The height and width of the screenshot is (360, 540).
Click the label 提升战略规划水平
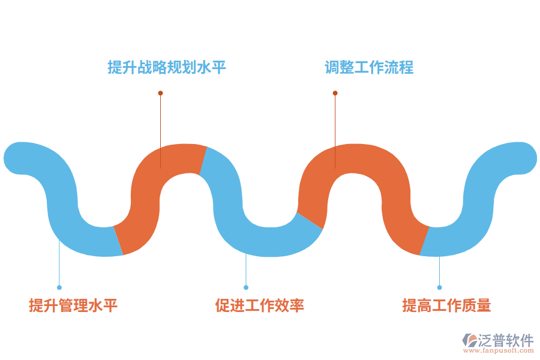click(x=167, y=67)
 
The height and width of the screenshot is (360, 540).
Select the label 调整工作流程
click(x=369, y=67)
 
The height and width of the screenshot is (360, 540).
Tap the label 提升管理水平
click(x=73, y=305)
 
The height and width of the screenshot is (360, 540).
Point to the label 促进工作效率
click(x=260, y=305)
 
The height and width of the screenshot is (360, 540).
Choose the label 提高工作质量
click(x=446, y=305)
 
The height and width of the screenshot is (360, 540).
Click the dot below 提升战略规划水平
click(x=160, y=93)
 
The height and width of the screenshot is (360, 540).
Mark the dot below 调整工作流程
click(x=335, y=93)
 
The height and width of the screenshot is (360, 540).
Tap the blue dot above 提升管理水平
click(x=59, y=287)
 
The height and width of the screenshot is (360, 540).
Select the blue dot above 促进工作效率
click(x=246, y=287)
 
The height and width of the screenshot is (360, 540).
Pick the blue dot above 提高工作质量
click(x=439, y=287)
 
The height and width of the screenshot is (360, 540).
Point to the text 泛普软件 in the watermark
click(x=506, y=340)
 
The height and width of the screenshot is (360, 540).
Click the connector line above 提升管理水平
click(x=59, y=264)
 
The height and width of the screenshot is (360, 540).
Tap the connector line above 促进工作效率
click(x=246, y=270)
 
